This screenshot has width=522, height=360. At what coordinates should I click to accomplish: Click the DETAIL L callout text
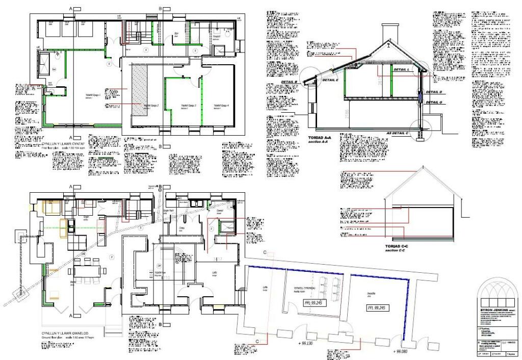[x=402, y=69]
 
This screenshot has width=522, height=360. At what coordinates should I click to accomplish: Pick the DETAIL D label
[x=433, y=92]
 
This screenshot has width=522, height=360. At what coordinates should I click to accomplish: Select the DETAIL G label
[x=433, y=102]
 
